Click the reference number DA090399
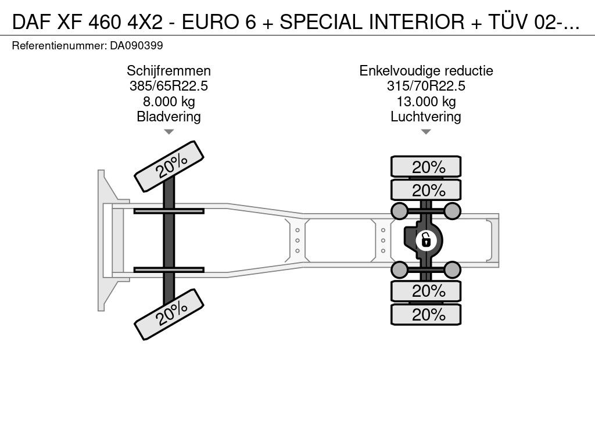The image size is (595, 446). click(137, 46)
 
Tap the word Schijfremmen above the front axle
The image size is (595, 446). click(169, 71)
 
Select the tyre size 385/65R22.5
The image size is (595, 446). click(169, 86)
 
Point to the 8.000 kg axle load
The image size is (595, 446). click(169, 101)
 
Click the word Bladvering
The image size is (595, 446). click(169, 116)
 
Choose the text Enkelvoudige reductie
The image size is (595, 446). click(426, 71)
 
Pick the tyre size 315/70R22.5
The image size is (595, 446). click(426, 86)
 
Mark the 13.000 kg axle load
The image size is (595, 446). click(426, 101)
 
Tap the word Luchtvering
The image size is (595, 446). click(426, 116)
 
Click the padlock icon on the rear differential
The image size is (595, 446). click(425, 240)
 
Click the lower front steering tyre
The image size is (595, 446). click(169, 314)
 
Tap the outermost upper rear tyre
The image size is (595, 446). click(426, 167)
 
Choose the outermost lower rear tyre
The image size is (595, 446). click(426, 314)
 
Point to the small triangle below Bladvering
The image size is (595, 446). click(169, 132)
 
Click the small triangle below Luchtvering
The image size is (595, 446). click(426, 132)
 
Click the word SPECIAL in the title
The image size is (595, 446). click(321, 22)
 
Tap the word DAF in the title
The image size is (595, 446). click(31, 22)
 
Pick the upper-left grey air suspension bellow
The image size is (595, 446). click(400, 211)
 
